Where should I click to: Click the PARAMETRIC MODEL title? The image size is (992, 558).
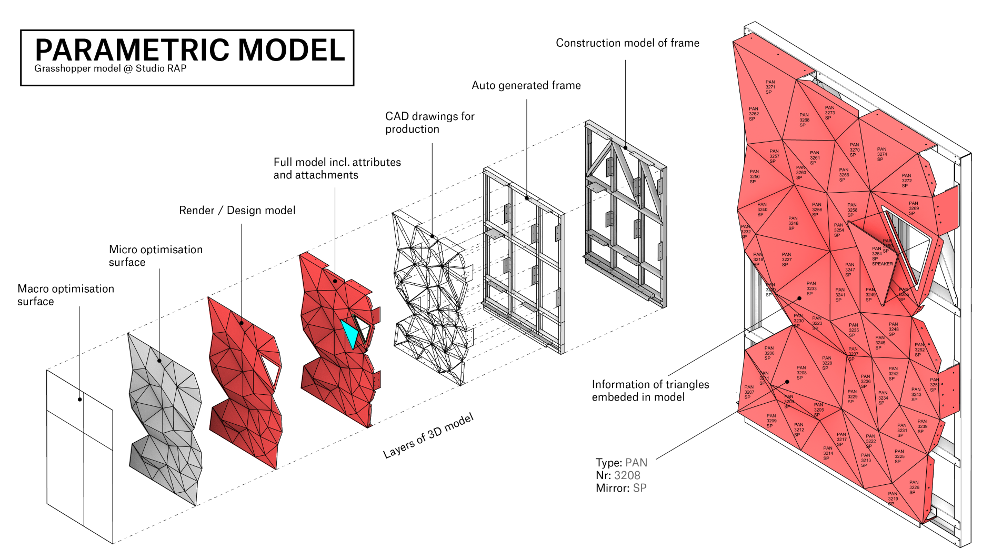(x=189, y=50)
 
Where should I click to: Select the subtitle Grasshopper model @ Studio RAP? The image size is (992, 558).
(x=110, y=68)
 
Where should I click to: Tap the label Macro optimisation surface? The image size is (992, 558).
(x=66, y=295)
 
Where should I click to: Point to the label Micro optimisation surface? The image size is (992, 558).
(x=155, y=256)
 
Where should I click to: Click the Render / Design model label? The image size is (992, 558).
(x=237, y=211)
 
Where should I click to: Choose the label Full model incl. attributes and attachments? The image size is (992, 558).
(x=337, y=168)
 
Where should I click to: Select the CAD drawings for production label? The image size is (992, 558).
(x=429, y=123)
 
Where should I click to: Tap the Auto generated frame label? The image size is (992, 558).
(x=526, y=85)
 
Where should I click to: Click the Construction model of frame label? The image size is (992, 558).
(x=627, y=43)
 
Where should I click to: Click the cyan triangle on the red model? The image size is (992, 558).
(x=349, y=332)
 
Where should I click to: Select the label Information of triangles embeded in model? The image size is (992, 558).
(x=650, y=391)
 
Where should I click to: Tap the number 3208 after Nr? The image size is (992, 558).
(x=627, y=475)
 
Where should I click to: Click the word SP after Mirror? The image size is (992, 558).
(x=639, y=488)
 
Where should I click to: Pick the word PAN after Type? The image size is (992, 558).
(x=636, y=463)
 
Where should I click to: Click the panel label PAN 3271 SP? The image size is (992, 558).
(x=769, y=87)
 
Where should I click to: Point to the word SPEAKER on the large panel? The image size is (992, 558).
(x=882, y=264)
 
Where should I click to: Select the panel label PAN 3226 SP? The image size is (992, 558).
(x=914, y=487)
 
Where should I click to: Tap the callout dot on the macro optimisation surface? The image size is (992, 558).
(x=79, y=400)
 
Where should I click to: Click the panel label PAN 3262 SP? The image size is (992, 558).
(x=753, y=114)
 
